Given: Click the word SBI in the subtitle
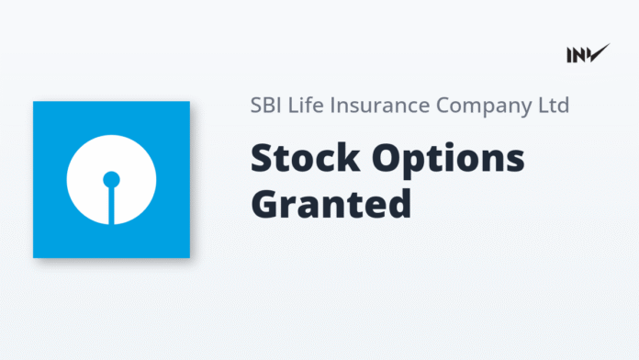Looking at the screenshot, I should [x=266, y=105].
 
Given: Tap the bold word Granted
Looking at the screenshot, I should [x=331, y=203].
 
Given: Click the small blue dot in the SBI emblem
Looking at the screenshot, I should [x=111, y=179].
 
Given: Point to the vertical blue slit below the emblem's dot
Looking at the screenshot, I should [x=111, y=206].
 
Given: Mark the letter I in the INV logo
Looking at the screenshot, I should [x=570, y=54].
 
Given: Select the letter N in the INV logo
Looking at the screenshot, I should [x=582, y=54].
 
